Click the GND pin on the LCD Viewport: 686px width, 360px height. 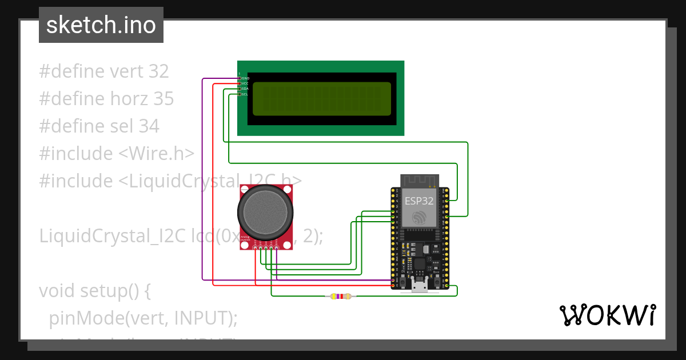(240, 78)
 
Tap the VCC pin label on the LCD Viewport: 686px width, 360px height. (245, 83)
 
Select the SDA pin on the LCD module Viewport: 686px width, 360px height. (240, 89)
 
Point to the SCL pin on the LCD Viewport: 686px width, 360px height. (240, 94)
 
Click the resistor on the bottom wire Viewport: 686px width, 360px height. (340, 296)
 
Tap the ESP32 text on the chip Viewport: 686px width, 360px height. (419, 201)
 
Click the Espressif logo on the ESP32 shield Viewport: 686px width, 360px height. (420, 218)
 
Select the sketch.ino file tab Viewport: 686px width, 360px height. (101, 25)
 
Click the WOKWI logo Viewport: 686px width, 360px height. (607, 315)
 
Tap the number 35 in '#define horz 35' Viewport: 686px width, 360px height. (163, 99)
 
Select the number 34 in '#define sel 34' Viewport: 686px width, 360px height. (149, 126)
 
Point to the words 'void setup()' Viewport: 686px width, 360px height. (95, 291)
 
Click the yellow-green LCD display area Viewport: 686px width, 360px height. (322, 98)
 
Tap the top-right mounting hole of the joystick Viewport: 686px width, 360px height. (286, 189)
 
